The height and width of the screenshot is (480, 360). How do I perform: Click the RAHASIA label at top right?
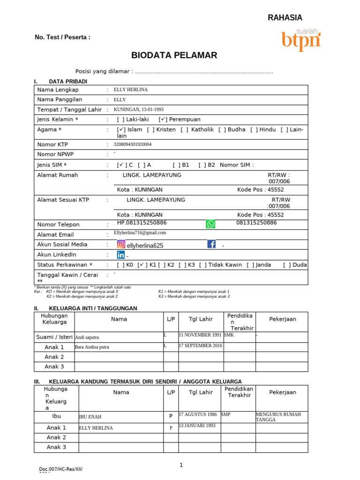(285, 18)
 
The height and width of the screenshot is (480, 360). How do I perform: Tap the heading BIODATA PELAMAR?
(174, 55)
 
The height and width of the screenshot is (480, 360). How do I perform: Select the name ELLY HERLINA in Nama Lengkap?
(130, 90)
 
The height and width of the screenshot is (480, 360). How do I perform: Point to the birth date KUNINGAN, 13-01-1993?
(139, 109)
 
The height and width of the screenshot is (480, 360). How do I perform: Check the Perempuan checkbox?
(163, 120)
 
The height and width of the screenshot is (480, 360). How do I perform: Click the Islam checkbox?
(121, 129)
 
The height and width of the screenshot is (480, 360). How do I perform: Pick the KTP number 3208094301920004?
(133, 144)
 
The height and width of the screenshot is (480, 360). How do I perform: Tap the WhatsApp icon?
(210, 224)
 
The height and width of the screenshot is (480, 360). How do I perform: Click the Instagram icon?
(121, 244)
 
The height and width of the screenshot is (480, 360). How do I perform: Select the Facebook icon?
(211, 244)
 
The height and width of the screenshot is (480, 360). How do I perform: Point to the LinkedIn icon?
(121, 255)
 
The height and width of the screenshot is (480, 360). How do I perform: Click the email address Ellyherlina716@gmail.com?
(140, 232)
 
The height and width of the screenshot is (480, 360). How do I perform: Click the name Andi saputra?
(87, 337)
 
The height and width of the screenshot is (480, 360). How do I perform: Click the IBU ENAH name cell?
(90, 416)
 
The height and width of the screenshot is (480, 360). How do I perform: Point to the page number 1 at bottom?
(181, 465)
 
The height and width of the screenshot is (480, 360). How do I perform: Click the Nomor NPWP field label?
(55, 154)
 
